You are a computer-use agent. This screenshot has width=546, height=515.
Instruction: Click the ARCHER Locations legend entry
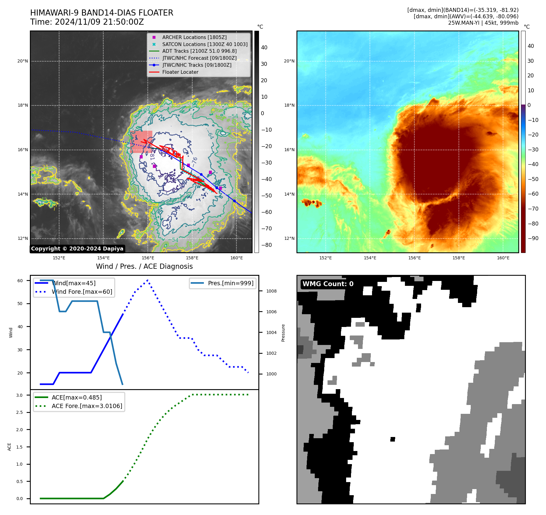[194, 37]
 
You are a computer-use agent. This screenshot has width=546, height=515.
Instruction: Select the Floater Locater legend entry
[180, 72]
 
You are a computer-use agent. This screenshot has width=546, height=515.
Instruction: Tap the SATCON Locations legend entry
[204, 44]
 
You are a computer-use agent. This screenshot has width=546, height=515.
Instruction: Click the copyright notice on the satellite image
[77, 249]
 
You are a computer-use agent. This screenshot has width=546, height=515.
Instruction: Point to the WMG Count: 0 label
[328, 284]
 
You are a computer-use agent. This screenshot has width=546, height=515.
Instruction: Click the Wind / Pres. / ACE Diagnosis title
[144, 266]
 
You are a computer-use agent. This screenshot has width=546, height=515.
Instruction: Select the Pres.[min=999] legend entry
[230, 283]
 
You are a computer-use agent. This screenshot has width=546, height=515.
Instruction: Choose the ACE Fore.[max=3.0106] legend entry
[87, 406]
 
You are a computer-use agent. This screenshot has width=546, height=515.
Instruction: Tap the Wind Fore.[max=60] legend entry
[82, 292]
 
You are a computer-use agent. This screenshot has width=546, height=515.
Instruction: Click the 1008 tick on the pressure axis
[271, 291]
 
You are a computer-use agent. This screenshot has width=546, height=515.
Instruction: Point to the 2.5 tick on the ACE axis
[19, 412]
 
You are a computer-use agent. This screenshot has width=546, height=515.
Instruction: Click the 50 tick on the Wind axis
[20, 304]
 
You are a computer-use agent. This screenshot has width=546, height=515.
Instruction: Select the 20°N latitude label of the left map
[23, 61]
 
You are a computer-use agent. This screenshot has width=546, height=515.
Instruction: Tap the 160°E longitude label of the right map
[503, 258]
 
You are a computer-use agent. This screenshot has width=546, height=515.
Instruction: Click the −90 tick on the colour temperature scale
[533, 238]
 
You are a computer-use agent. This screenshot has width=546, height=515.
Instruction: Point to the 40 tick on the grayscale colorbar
[264, 48]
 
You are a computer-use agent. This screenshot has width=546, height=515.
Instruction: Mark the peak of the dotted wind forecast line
[147, 280]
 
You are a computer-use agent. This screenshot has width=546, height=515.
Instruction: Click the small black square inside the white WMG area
[392, 439]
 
